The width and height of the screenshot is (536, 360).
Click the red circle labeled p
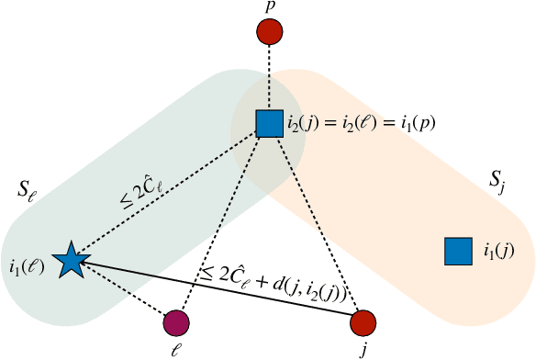coord(269,32)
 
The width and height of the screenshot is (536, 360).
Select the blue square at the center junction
coord(269,123)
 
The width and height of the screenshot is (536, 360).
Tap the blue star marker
coord(70,262)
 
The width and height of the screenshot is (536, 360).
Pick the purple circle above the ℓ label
coord(176,322)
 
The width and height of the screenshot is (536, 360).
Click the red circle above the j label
coord(363,322)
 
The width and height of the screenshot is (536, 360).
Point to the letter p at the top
coord(269,8)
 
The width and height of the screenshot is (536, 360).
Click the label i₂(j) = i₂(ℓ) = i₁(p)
coord(350,123)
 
